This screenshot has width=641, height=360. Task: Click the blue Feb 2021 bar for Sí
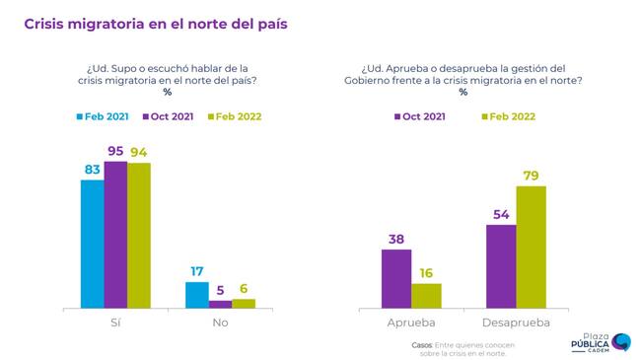93,245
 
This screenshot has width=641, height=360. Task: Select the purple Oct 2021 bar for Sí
115,235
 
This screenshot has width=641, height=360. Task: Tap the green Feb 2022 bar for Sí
139,236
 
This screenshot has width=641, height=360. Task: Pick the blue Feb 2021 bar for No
197,295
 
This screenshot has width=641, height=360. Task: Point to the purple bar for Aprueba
396,278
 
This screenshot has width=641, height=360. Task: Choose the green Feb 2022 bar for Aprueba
426,296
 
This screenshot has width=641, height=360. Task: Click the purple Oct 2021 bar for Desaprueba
501,266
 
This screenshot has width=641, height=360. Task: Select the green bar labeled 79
531,248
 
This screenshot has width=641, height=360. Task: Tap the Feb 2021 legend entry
103,116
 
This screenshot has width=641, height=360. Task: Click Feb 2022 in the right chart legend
509,116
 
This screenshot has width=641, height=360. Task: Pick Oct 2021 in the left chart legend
168,116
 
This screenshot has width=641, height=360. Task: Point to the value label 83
93,170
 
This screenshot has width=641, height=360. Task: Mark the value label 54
501,214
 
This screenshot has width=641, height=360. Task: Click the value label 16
426,273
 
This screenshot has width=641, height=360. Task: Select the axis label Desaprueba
516,323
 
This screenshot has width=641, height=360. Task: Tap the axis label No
220,323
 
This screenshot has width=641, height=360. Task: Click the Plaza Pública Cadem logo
601,343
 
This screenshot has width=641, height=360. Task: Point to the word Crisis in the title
43,24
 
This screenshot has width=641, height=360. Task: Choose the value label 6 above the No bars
244,289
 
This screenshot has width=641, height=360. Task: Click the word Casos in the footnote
422,345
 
